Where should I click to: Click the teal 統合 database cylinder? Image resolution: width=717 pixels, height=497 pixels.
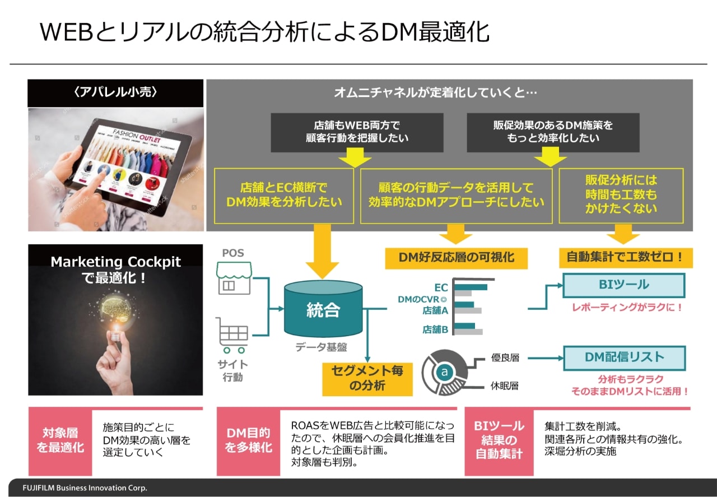323,310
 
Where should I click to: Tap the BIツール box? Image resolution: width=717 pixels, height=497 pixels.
623,285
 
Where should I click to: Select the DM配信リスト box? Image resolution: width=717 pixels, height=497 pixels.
623,357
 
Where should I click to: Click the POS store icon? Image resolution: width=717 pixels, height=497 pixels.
234,279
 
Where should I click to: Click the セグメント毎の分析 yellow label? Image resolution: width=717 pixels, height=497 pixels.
367,378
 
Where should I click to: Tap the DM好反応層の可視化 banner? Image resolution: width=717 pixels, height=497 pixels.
456,258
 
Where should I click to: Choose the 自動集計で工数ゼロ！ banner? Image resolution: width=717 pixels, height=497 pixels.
625,258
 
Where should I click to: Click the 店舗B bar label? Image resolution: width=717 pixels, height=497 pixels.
435,329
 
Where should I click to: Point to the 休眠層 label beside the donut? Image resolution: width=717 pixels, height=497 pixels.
505,386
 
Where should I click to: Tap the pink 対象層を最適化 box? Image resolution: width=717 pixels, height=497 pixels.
60,440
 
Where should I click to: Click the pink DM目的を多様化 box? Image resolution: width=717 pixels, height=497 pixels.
248,440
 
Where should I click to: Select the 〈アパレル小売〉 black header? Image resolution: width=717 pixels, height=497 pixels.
115,93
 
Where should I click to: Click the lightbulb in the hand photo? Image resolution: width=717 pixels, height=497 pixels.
116,314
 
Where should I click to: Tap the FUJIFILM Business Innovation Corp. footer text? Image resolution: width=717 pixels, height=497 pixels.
85,488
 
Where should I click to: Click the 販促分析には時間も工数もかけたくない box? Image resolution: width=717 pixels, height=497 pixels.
621,194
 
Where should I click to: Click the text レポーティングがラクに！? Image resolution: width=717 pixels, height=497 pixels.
627,308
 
